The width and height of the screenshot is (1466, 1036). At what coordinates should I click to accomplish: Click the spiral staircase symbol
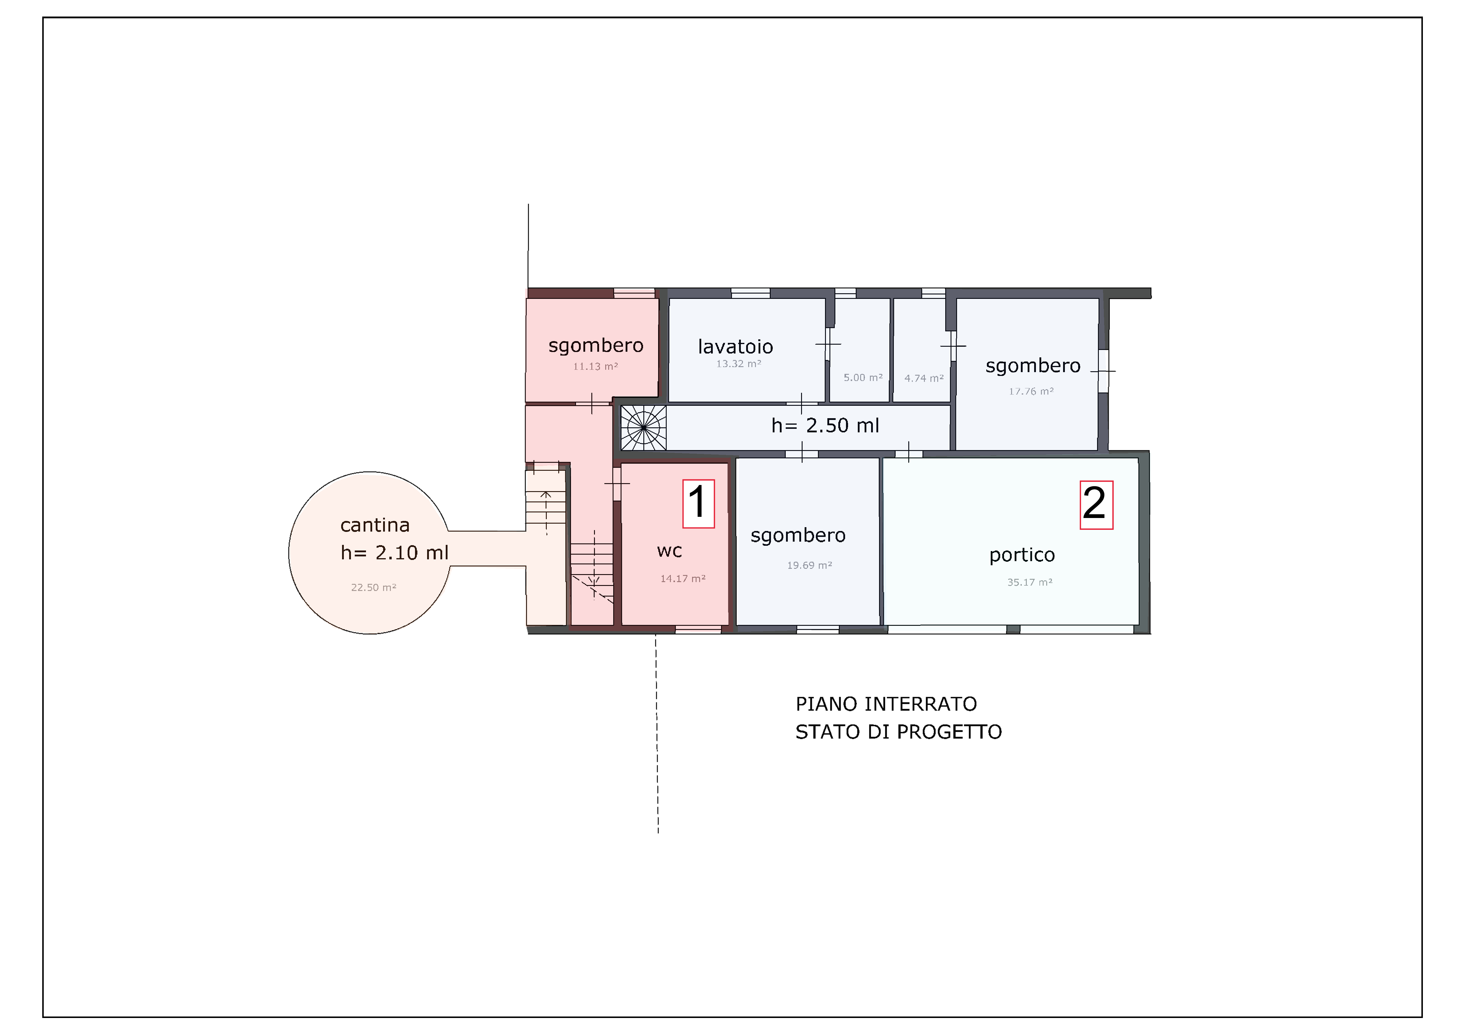coord(644,428)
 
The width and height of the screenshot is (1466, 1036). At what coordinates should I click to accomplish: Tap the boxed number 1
coord(699,504)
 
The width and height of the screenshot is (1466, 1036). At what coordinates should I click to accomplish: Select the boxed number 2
coord(1096,505)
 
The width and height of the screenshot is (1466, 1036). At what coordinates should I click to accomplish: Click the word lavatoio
coord(736,347)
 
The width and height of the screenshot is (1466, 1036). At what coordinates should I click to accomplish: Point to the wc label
coord(669,551)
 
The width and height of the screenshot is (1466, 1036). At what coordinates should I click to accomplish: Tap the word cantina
coord(375,525)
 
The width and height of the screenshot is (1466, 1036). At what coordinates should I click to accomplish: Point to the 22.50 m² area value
coord(374,587)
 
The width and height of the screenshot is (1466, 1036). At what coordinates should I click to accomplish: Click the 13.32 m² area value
coord(738,364)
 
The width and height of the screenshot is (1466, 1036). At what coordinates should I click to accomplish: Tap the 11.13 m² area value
coord(595,366)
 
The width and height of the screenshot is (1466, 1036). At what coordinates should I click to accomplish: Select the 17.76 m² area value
coord(1031,391)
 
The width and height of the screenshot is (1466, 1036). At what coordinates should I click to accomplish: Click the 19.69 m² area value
coord(809,565)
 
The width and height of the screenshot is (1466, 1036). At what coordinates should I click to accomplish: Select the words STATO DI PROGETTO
coord(898,732)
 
